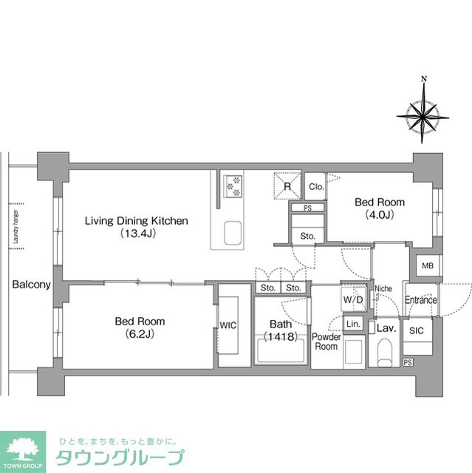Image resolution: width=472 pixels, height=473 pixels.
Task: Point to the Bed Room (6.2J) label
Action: tap(139, 328)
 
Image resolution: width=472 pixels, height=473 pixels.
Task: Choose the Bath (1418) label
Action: tap(280, 330)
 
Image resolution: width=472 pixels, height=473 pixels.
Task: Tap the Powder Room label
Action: tap(326, 341)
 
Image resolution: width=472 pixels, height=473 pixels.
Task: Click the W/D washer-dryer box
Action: tap(353, 300)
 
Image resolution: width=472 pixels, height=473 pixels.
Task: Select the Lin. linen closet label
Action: tap(353, 324)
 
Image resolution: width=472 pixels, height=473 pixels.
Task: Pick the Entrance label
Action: tap(421, 300)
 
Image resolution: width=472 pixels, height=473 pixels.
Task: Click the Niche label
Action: tap(383, 288)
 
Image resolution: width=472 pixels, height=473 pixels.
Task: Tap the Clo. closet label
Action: tap(315, 187)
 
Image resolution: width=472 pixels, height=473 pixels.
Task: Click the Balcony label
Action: tap(31, 285)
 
